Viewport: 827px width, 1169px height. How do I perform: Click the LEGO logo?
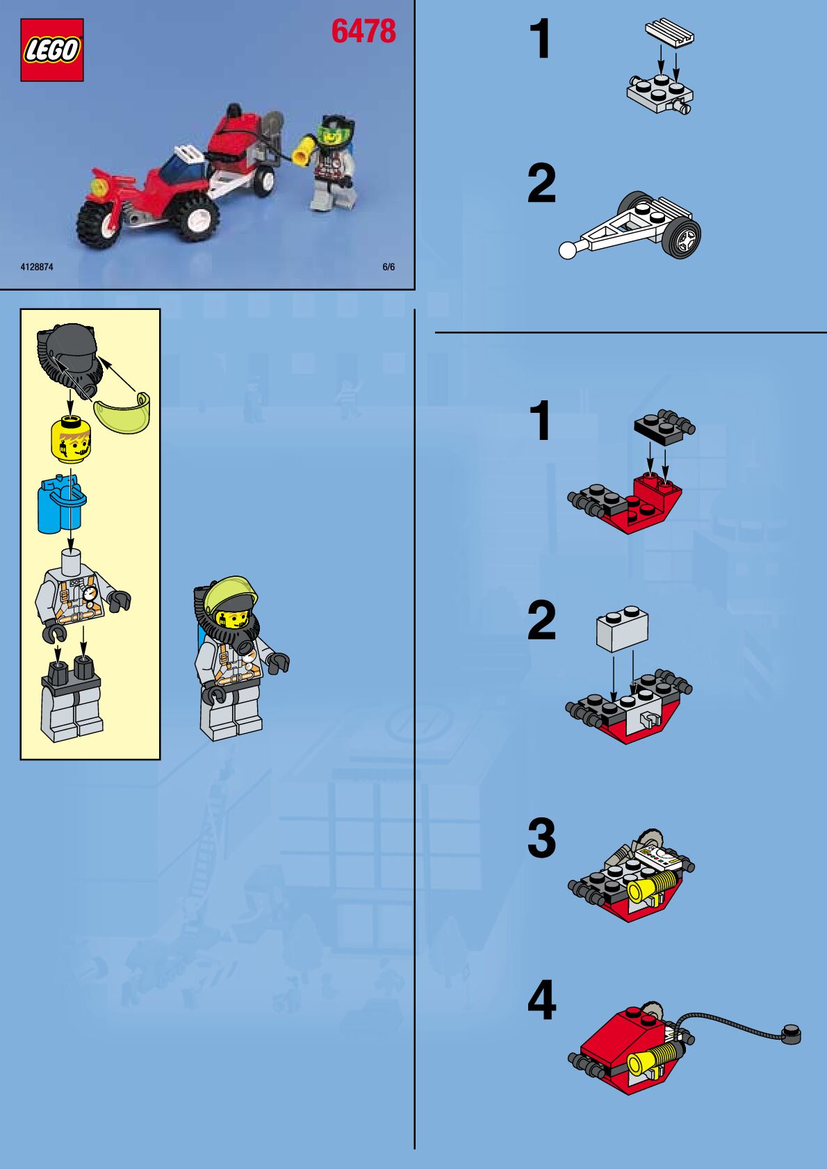(52, 50)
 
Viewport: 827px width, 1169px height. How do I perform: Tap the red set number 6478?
(363, 31)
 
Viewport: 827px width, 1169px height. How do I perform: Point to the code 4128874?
(37, 267)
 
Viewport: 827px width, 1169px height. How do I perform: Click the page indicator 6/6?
(388, 267)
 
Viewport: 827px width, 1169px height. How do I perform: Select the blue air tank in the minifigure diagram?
(61, 503)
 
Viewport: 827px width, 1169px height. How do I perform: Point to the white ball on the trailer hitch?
(567, 250)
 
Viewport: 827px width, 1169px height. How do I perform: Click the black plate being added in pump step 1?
(664, 427)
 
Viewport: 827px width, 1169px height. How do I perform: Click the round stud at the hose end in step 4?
(791, 1034)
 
